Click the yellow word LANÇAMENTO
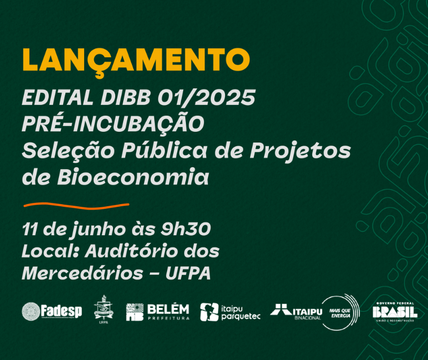point(136,60)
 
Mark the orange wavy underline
point(77,205)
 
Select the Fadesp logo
point(52,311)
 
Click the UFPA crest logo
point(103,310)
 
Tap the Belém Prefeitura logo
point(157,311)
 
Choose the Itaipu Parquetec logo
point(230,312)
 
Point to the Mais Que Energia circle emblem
point(341,311)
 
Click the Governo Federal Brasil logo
point(395,311)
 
